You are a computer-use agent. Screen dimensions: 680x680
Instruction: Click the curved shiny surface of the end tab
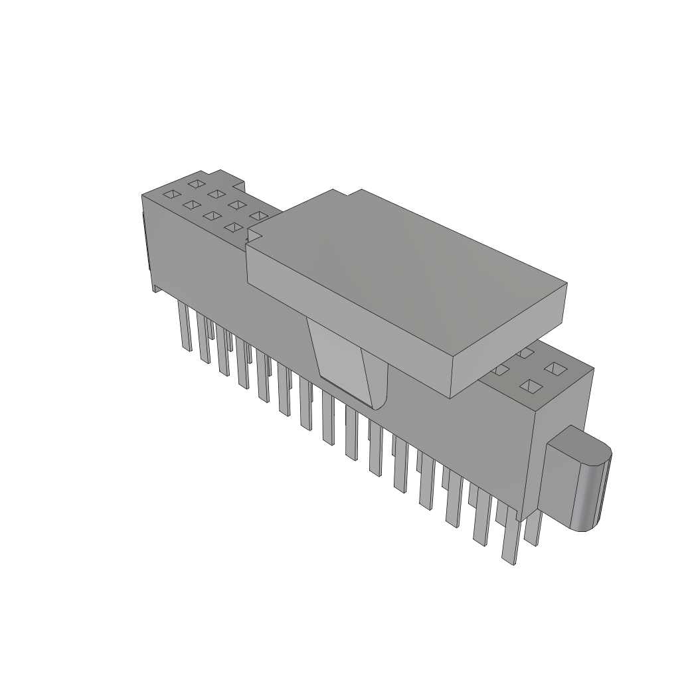[x=590, y=495]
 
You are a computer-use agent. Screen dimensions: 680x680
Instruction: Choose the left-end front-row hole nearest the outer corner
[x=171, y=194]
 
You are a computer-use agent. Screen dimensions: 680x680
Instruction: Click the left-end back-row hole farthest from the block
[x=195, y=183]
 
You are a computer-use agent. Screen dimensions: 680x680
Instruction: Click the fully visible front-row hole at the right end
[x=530, y=385]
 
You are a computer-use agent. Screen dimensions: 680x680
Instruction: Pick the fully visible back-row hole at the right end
[x=553, y=367]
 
